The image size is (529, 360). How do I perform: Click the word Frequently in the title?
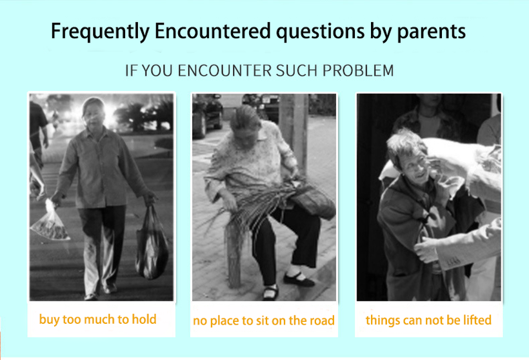pos(100,32)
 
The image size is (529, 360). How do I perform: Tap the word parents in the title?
pos(432,32)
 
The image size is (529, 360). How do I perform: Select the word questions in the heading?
pos(321,32)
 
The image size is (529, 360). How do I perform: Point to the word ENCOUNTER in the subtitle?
pos(225,70)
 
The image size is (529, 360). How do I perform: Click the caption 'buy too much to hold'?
pos(98,319)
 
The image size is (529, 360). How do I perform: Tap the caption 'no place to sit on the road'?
pos(263,321)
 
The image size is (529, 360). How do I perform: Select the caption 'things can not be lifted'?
pos(428,320)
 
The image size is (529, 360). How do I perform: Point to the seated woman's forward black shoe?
pos(299,279)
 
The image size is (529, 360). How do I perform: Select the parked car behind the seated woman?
pos(207,115)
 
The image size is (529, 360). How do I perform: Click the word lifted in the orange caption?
pos(477,320)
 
